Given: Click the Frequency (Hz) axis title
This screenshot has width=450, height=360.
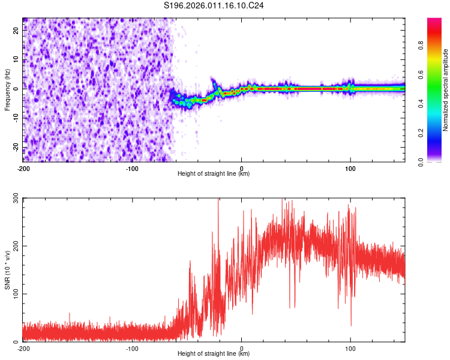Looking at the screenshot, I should click(x=7, y=89).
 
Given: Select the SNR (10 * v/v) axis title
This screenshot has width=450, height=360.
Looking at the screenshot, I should click(x=7, y=270).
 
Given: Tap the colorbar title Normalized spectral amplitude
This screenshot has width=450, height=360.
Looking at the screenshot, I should click(x=446, y=90).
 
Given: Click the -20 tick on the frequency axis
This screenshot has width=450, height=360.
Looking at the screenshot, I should click(x=16, y=147).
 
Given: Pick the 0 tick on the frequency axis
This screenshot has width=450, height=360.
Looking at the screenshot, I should click(x=18, y=89).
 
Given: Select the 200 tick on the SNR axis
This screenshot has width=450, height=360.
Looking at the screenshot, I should click(x=14, y=246).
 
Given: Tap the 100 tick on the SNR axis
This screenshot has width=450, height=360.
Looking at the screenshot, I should click(x=14, y=293).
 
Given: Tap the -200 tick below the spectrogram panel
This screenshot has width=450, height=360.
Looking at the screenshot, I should click(x=23, y=167).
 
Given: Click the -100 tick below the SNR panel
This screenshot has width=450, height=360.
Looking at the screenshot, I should click(x=132, y=348).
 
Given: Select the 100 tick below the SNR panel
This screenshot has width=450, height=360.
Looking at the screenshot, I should click(x=351, y=348).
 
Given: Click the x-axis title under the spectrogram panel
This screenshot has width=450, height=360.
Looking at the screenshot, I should click(x=214, y=174).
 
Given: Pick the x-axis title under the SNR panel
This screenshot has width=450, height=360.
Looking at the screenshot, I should click(x=214, y=355).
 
